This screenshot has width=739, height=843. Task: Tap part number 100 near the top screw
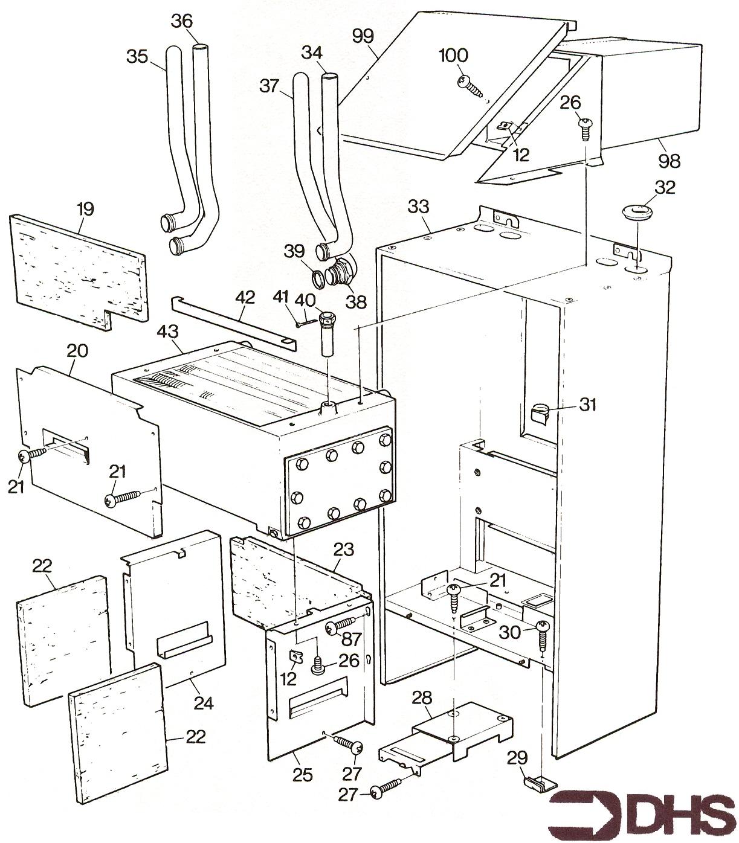[453, 56]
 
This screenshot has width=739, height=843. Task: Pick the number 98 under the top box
[670, 161]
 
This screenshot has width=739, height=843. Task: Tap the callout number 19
[85, 210]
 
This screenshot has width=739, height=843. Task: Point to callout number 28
[422, 698]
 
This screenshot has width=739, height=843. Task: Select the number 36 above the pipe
[181, 21]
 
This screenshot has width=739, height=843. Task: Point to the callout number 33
[418, 207]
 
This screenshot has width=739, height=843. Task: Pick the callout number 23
[343, 550]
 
